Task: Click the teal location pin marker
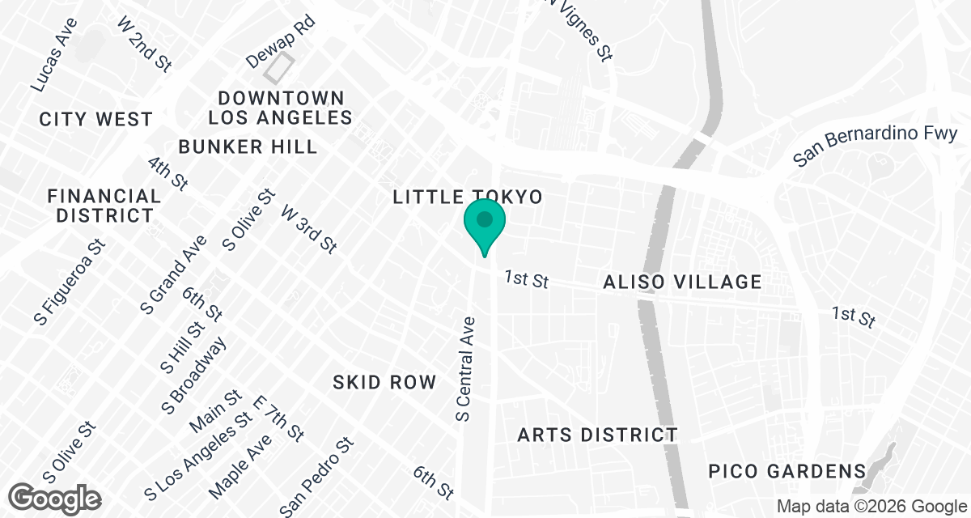coord(485,221)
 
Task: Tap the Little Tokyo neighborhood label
coord(466,197)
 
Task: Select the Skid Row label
coord(384,382)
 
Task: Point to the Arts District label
coord(597,435)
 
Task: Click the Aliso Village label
coord(682,282)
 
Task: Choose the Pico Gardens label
coord(787,470)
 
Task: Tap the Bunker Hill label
coord(248,146)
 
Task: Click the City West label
coord(96,119)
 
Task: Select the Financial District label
coord(104,206)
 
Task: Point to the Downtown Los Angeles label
coord(281,108)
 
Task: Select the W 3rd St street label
coord(308,228)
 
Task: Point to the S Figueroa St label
coord(70,282)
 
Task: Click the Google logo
coord(56,497)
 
